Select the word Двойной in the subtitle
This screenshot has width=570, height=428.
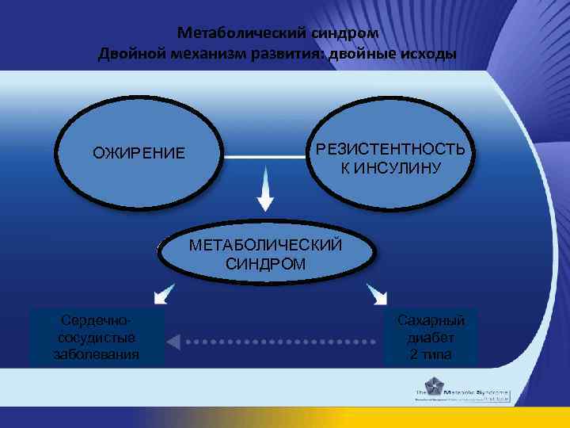coord(129,54)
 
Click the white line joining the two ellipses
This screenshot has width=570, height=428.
coord(265,158)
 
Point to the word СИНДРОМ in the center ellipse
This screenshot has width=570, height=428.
coord(265,263)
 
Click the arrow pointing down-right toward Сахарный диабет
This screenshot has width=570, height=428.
coord(378,296)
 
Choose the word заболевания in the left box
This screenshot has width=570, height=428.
coord(96,353)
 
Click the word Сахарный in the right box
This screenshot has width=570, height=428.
coord(431,319)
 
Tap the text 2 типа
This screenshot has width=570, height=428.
coord(431,353)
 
